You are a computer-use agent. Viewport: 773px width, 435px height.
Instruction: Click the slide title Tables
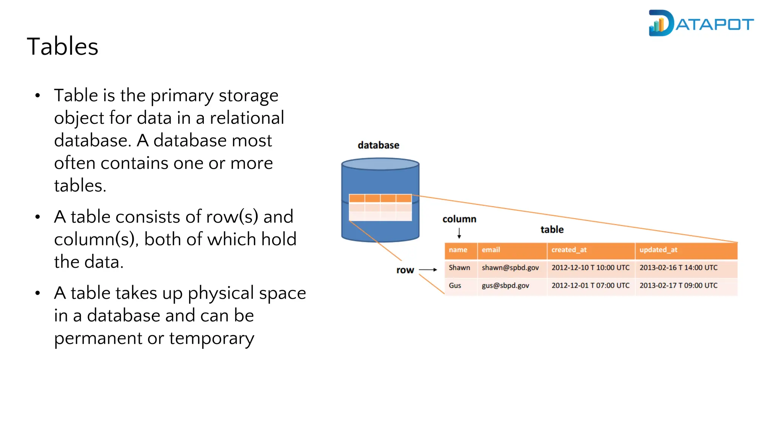click(x=63, y=46)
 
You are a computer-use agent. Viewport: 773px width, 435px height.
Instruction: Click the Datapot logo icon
click(x=661, y=23)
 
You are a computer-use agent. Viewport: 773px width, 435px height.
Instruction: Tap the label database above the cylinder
click(x=378, y=145)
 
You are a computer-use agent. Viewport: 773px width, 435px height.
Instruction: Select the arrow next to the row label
click(x=428, y=270)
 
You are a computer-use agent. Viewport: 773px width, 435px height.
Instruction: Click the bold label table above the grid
click(x=552, y=229)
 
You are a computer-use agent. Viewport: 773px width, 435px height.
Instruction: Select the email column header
click(x=491, y=250)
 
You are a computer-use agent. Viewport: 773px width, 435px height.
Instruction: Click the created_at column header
click(x=569, y=250)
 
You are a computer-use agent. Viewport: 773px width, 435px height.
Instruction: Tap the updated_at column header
click(x=658, y=250)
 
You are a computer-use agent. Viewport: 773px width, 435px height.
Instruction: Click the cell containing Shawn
click(x=459, y=267)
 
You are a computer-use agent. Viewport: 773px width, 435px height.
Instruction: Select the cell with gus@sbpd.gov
click(x=505, y=285)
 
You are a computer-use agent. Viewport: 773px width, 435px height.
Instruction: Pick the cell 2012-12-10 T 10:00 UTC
click(x=590, y=267)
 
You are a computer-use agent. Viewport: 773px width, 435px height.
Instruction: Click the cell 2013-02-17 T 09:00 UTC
click(x=678, y=285)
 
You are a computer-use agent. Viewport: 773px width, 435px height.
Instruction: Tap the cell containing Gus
click(x=455, y=285)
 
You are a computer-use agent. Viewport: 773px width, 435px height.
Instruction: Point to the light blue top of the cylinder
click(x=380, y=164)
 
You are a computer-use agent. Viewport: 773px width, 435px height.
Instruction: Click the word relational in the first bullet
click(x=247, y=118)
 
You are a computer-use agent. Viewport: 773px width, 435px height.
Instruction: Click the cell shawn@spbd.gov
click(x=510, y=267)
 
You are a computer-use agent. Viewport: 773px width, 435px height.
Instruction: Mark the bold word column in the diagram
click(x=459, y=219)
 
